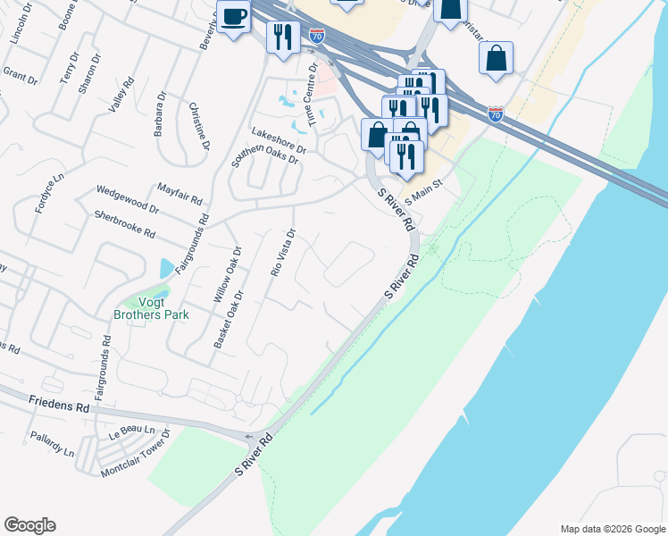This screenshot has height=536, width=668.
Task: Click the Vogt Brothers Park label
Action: [x=151, y=307]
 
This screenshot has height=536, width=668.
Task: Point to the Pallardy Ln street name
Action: [x=53, y=446]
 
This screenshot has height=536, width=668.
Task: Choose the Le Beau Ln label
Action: [x=126, y=434]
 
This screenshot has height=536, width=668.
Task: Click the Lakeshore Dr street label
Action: [x=279, y=139]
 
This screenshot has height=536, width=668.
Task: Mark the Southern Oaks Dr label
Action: [x=264, y=156]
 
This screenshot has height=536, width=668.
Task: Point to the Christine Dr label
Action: [x=200, y=126]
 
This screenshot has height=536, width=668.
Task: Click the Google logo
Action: [x=29, y=525]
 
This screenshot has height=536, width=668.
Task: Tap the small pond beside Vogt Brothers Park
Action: [x=165, y=268]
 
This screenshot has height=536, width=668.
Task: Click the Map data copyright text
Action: [x=612, y=529]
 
